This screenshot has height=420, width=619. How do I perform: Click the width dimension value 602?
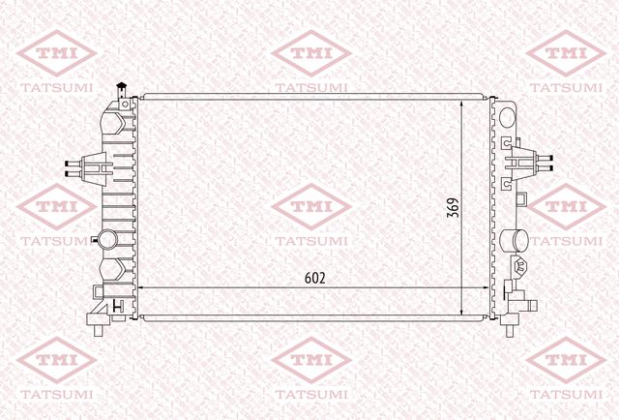(315, 278)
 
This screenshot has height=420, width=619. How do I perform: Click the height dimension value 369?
(453, 207)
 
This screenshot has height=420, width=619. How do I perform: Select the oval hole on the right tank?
(507, 117)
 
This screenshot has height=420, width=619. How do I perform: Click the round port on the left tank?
(107, 239)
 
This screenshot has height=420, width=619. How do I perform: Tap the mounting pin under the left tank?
(98, 330)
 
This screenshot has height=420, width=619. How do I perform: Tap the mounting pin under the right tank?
(511, 330)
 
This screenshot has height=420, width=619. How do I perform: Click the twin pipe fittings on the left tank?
(74, 168)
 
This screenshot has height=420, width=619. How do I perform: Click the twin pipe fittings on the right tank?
(545, 163)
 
